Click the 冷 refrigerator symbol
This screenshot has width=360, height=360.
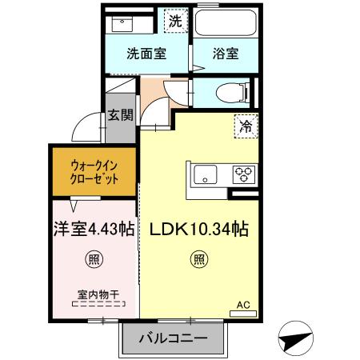[x=246, y=126]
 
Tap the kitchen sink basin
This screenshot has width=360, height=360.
[x=203, y=174]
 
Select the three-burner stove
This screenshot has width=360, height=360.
[x=243, y=174]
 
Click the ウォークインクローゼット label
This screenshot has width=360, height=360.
[x=94, y=171]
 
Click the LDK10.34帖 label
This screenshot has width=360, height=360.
[x=199, y=230]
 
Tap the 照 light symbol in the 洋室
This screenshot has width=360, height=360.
[x=94, y=258]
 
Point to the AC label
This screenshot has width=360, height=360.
[x=243, y=305]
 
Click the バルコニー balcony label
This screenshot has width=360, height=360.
[x=174, y=339]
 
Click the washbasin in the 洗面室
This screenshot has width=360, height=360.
[x=122, y=22]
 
